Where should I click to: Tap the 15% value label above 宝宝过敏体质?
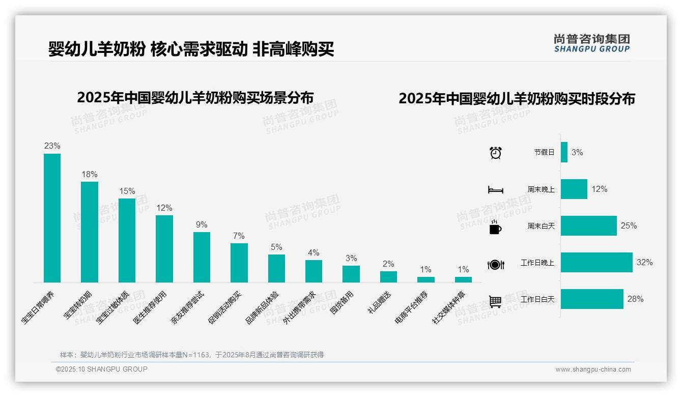coord(127,191)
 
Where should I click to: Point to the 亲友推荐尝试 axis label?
coord(187,308)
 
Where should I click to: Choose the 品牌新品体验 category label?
coord(262,308)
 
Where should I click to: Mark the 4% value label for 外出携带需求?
coord(314,253)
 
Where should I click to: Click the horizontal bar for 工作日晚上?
coord(596,263)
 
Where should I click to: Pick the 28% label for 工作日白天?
coord(635,299)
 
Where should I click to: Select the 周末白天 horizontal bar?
coord(589,225)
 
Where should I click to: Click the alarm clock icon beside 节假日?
coord(496,153)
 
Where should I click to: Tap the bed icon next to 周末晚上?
coord(496,190)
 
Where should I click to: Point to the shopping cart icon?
coord(495,301)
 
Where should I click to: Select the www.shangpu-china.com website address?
coord(593,370)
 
